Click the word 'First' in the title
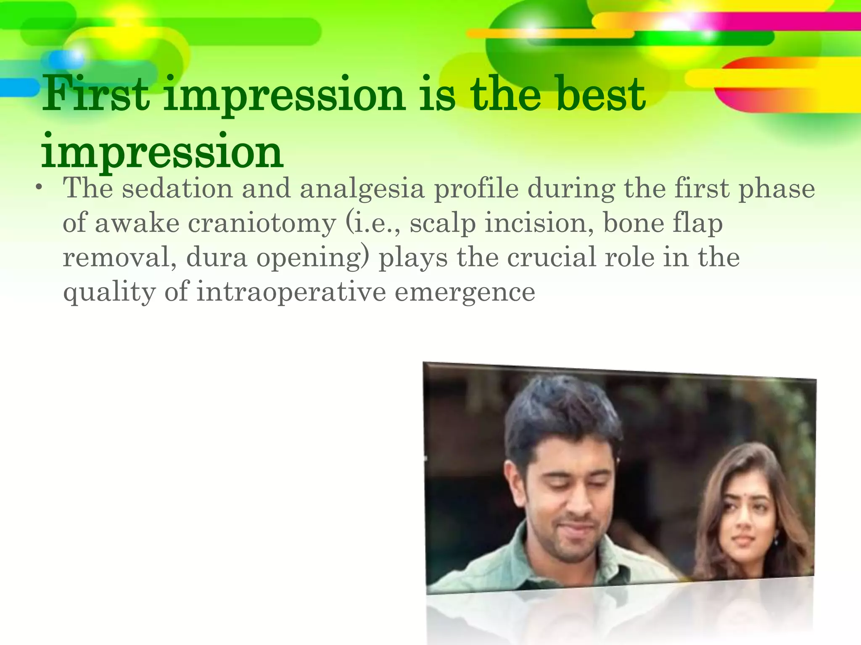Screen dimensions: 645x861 click(x=96, y=94)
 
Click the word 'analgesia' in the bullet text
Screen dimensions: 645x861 click(x=362, y=189)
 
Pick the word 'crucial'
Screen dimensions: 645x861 click(x=551, y=257)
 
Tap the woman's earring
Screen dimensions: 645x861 click(x=776, y=542)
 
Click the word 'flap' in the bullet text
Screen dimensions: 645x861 click(x=697, y=223)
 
